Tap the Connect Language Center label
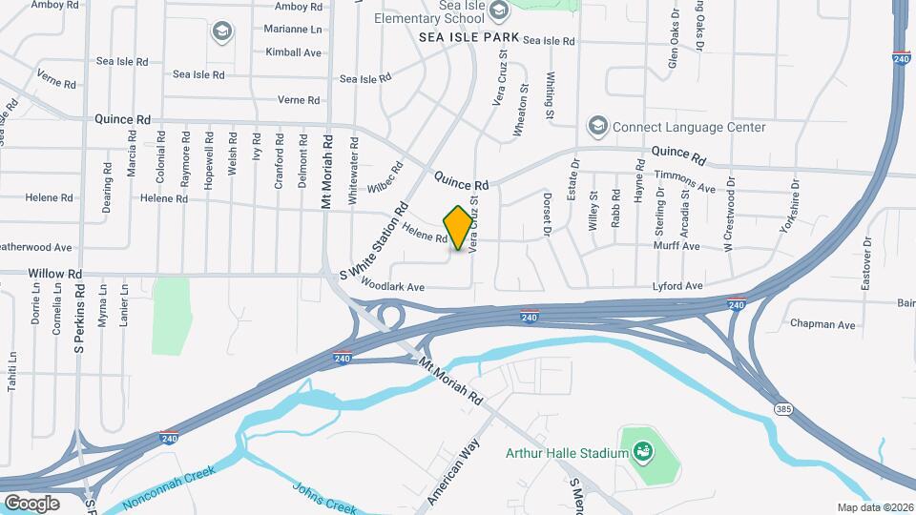point(688,127)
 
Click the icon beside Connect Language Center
point(597,127)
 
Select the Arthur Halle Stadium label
point(567,452)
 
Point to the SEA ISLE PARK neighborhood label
point(469,37)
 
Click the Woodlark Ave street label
point(392,286)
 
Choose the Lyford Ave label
point(677,286)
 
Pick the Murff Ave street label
point(677,246)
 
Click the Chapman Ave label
point(822,324)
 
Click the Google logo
point(31,503)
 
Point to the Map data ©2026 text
point(874,507)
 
